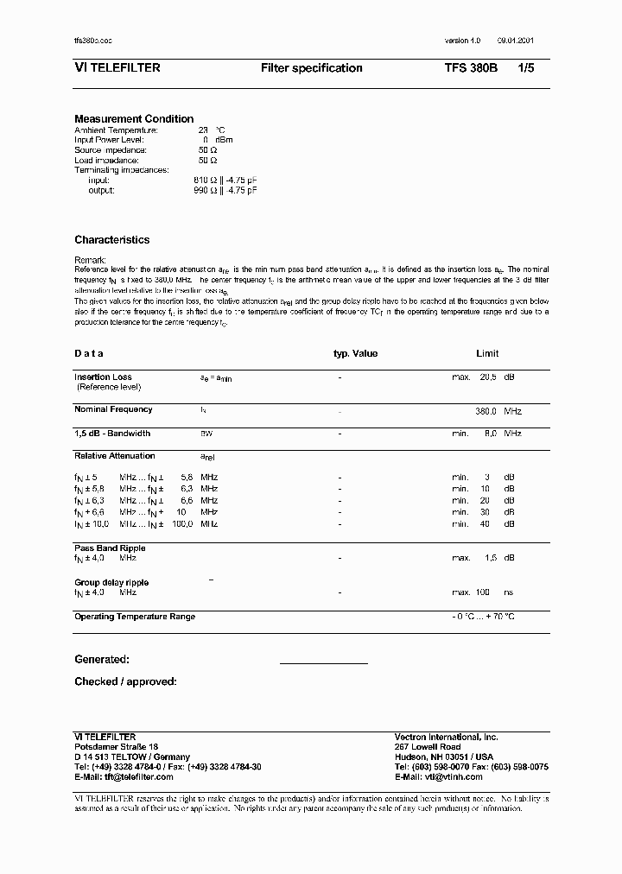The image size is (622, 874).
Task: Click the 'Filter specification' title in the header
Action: [311, 68]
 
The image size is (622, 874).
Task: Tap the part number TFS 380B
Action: [471, 68]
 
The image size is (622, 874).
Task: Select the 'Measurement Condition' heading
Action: [134, 119]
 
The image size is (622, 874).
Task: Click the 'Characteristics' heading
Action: [111, 240]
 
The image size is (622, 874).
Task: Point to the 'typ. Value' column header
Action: [355, 354]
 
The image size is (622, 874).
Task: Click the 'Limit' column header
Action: [487, 354]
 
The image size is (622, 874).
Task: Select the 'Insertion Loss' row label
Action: [103, 377]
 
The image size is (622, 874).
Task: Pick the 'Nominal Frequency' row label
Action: [113, 409]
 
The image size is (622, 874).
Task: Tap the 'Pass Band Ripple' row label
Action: [110, 548]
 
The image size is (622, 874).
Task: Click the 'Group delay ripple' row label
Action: [111, 583]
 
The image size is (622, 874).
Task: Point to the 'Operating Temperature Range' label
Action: [135, 617]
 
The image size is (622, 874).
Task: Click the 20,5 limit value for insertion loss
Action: [487, 377]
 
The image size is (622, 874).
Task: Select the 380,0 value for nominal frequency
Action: [486, 412]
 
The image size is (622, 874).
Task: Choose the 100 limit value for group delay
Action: [483, 592]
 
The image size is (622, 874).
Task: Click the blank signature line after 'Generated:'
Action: [323, 662]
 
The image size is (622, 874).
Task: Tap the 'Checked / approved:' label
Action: [125, 682]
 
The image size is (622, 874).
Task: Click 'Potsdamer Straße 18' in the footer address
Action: [117, 747]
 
